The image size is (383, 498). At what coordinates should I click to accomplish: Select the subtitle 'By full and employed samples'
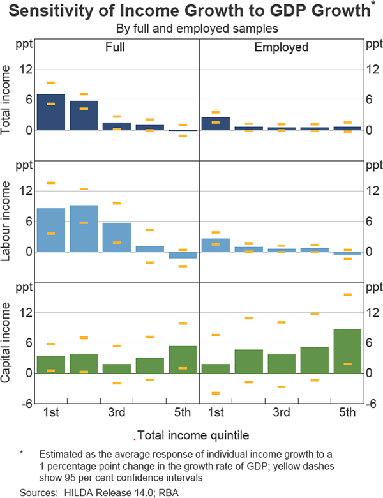191,28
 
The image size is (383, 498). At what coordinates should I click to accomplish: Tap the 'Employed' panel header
282,47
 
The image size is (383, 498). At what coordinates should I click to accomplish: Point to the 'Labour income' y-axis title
9,220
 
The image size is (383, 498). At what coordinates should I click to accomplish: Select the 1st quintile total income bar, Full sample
50,112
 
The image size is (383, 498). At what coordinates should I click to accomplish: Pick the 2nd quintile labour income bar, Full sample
84,229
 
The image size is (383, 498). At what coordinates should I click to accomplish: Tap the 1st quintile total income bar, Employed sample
216,124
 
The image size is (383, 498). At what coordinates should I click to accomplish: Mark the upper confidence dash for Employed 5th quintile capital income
347,294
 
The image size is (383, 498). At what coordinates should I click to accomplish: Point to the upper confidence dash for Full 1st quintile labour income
50,183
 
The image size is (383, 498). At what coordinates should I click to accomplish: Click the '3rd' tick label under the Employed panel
282,412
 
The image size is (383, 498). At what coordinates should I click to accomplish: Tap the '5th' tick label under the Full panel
183,412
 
